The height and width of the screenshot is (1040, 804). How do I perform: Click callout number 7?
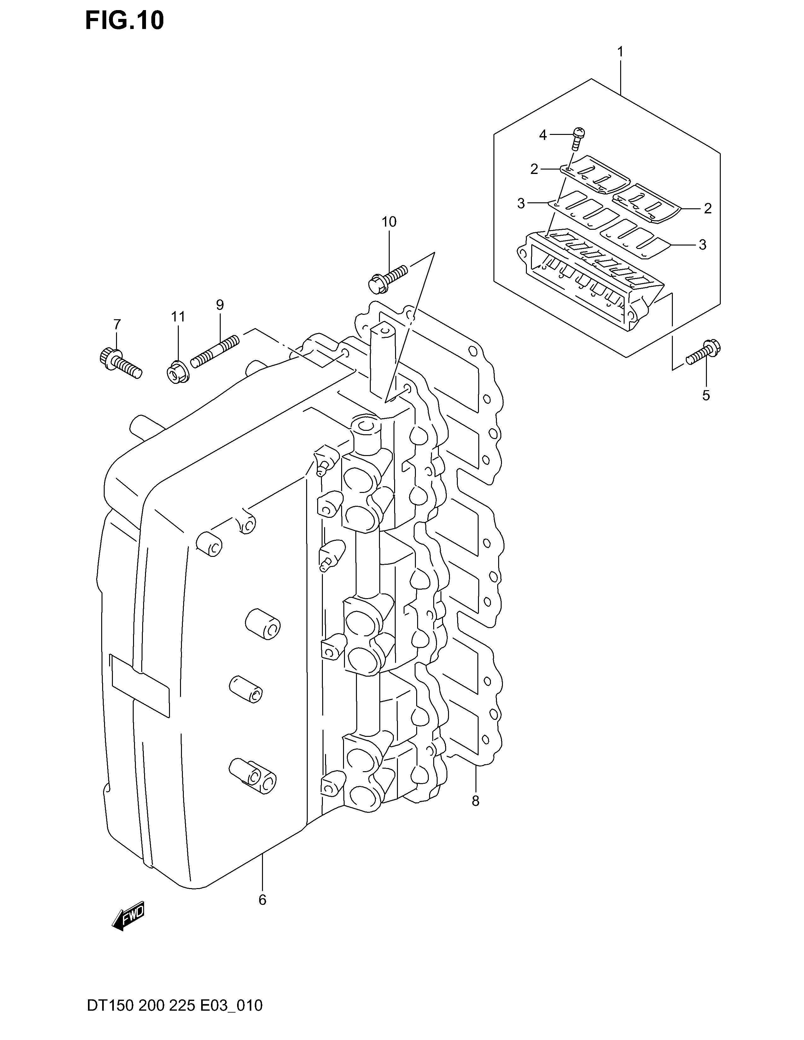(117, 324)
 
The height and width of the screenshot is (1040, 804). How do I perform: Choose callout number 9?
(219, 304)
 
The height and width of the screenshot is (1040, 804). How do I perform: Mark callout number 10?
(389, 222)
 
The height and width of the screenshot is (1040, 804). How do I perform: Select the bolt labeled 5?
(703, 353)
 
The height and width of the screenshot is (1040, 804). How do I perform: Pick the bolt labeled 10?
(388, 280)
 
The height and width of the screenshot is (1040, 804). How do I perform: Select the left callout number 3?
(521, 204)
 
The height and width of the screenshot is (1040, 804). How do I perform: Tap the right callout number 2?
(708, 208)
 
